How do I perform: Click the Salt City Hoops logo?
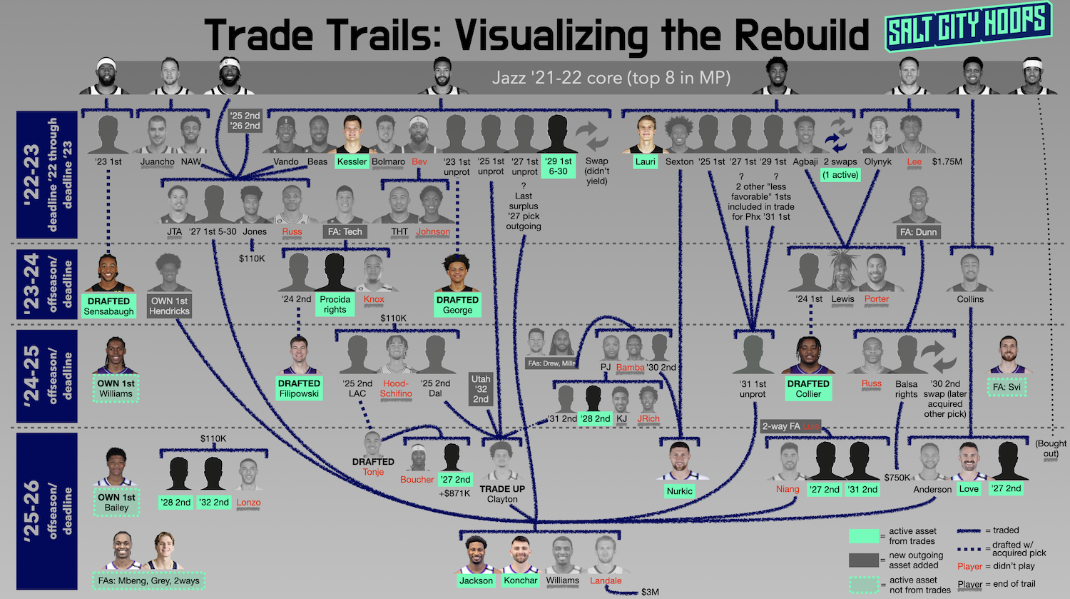(968, 26)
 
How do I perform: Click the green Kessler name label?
(352, 161)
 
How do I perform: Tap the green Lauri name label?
(645, 161)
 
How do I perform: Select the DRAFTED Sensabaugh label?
(108, 306)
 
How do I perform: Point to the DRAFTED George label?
(457, 305)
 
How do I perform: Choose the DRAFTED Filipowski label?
(300, 388)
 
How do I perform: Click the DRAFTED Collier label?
(808, 388)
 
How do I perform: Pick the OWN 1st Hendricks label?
(170, 306)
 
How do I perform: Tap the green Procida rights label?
(335, 304)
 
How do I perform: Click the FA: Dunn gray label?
(918, 232)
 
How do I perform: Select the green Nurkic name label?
(679, 491)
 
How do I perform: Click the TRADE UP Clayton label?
(502, 494)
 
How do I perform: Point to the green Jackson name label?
(476, 580)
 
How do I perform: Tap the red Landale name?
(606, 580)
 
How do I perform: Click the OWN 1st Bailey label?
(116, 502)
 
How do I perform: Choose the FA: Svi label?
(1007, 387)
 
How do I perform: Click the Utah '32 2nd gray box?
(481, 389)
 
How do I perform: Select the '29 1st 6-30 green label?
(558, 166)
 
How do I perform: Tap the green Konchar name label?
(520, 580)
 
